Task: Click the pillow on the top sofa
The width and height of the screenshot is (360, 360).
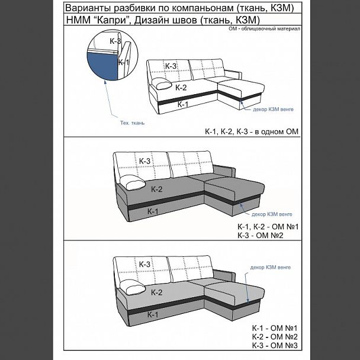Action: pyautogui.click(x=162, y=83)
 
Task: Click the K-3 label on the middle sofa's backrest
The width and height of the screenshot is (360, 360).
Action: pyautogui.click(x=144, y=160)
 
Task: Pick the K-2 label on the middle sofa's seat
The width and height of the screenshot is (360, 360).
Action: pyautogui.click(x=156, y=189)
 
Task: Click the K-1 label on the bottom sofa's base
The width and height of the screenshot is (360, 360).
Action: pyautogui.click(x=152, y=314)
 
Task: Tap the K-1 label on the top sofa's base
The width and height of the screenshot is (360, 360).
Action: pyautogui.click(x=183, y=104)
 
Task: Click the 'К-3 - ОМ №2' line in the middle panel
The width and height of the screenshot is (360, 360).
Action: pyautogui.click(x=260, y=236)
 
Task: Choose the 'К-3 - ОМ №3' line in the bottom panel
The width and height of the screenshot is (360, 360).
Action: pyautogui.click(x=274, y=345)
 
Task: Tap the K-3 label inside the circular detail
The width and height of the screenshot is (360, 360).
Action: pyautogui.click(x=115, y=41)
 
